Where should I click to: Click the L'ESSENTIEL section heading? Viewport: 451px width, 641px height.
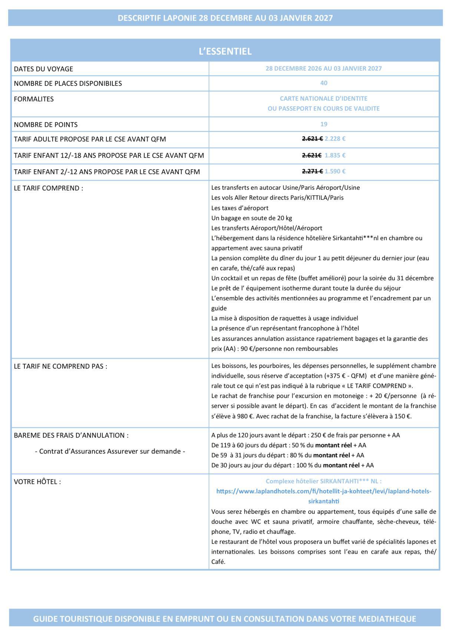[225, 51]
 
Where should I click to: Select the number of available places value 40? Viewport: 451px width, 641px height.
[323, 83]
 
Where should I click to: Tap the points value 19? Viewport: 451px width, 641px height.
[323, 124]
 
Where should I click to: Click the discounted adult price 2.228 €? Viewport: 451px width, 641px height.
[335, 139]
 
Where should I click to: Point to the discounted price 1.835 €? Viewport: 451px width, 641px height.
[335, 156]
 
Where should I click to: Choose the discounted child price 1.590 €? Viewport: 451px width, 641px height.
[335, 171]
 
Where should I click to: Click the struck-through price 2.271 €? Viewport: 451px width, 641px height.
[312, 171]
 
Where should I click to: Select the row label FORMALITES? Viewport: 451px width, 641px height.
[34, 99]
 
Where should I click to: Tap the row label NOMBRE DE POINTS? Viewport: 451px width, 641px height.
[46, 125]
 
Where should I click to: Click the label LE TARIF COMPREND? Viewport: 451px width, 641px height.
[49, 188]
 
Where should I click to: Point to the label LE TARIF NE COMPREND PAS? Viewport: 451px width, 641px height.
[60, 366]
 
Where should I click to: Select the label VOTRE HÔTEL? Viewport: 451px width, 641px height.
[37, 482]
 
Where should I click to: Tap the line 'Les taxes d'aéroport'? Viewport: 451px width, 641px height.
[240, 208]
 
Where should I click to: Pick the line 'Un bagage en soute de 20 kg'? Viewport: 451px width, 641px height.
[251, 218]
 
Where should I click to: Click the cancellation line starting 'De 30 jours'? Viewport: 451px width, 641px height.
[292, 465]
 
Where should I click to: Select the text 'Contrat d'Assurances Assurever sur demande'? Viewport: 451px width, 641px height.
[110, 451]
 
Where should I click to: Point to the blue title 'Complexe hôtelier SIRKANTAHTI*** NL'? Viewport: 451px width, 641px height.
[323, 481]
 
